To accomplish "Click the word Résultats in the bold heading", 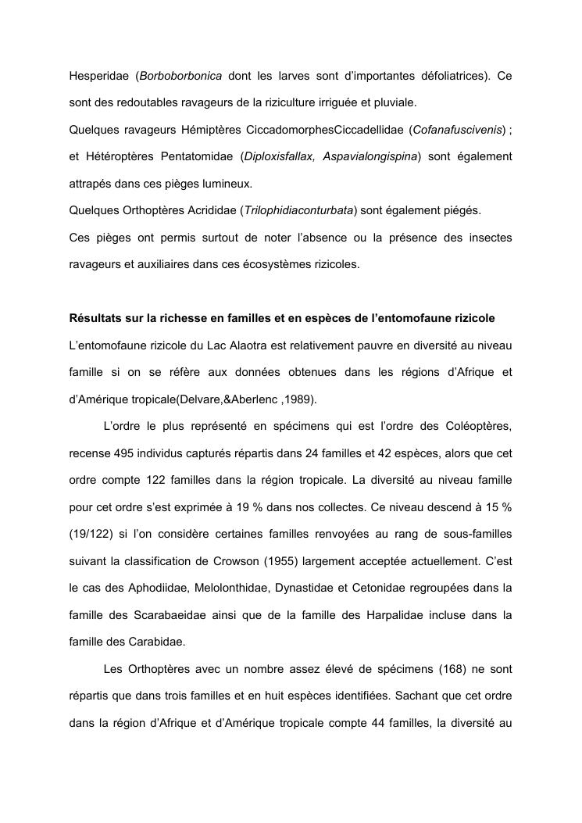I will coord(95,318).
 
